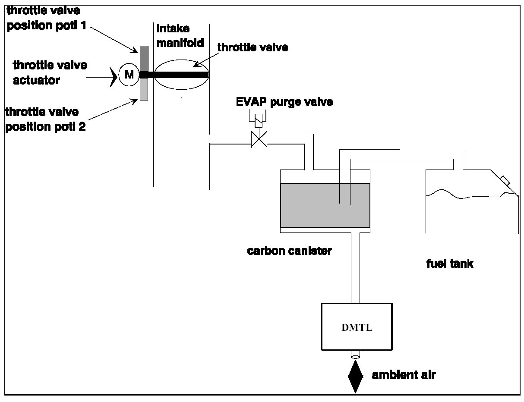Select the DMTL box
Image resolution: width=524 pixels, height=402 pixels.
click(x=357, y=327)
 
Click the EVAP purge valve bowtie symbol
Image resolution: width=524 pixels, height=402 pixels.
click(x=259, y=139)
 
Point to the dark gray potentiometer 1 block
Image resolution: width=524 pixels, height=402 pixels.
click(x=144, y=58)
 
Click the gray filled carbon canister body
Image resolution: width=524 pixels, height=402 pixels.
click(x=325, y=205)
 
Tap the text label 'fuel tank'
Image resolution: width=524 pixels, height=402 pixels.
click(x=449, y=264)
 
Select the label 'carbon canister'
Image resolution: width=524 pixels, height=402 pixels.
click(x=289, y=251)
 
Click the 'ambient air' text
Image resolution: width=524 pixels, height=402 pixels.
click(x=404, y=375)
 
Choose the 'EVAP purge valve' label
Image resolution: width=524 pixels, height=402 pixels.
click(x=284, y=103)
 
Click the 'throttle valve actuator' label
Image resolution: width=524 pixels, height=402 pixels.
click(x=50, y=72)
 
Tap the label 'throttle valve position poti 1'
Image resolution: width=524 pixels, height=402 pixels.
click(x=46, y=18)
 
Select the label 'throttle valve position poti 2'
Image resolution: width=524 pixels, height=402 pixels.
click(x=45, y=119)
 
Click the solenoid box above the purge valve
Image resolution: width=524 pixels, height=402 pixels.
click(x=259, y=120)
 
